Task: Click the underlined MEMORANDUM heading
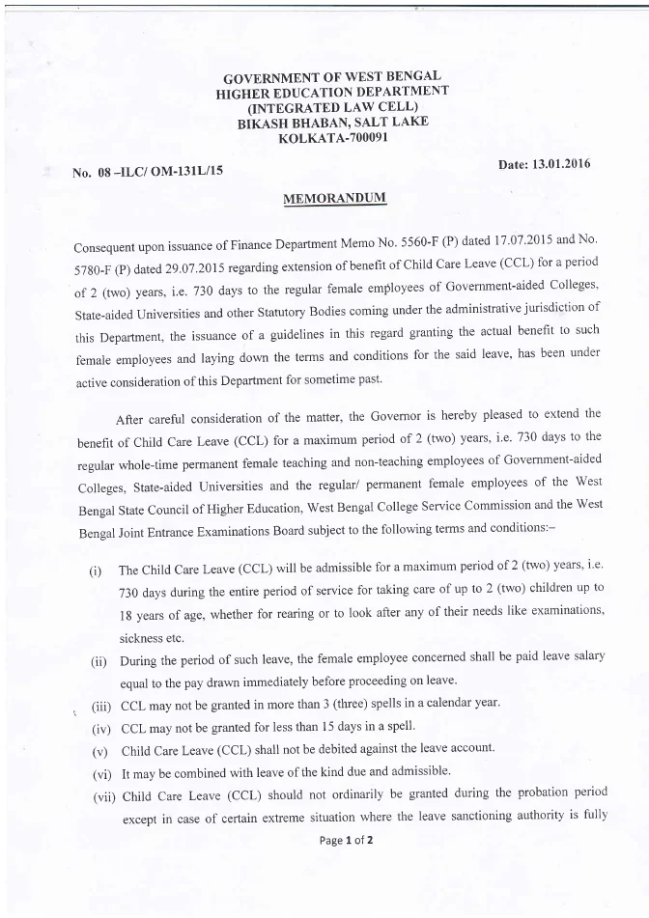point(333,199)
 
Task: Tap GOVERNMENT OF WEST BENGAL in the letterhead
point(333,75)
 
